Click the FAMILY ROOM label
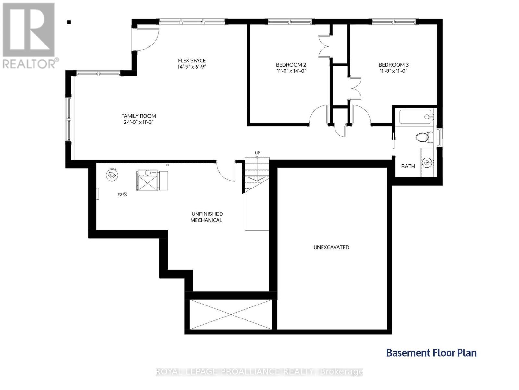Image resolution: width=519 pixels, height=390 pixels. [139, 116]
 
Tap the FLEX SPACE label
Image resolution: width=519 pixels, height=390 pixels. [192, 60]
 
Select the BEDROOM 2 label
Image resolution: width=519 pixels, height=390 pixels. [291, 65]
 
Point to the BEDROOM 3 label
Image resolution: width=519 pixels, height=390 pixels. [393, 65]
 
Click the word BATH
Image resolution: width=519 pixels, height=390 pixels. [408, 166]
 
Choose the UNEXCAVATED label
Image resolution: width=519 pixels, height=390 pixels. [331, 247]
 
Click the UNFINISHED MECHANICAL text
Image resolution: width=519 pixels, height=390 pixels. [207, 217]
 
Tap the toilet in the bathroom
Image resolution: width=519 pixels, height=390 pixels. [424, 137]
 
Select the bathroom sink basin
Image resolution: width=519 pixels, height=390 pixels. [427, 163]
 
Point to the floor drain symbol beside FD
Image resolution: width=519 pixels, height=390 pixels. [125, 194]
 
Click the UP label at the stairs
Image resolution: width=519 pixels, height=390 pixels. [258, 153]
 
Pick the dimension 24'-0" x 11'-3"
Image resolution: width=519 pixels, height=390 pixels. [139, 122]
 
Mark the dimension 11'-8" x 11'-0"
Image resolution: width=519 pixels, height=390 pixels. [393, 71]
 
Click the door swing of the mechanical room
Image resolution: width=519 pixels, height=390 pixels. [225, 172]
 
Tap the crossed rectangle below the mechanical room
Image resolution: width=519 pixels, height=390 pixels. [231, 314]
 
